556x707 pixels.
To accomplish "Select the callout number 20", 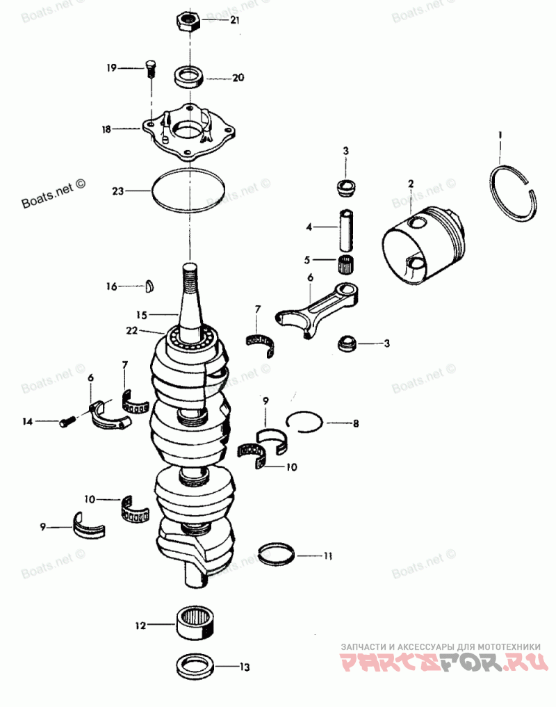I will point(238,78).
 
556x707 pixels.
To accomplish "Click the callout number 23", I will point(119,189).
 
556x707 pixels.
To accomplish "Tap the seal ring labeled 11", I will point(277,554).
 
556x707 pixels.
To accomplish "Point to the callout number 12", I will point(140,626).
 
